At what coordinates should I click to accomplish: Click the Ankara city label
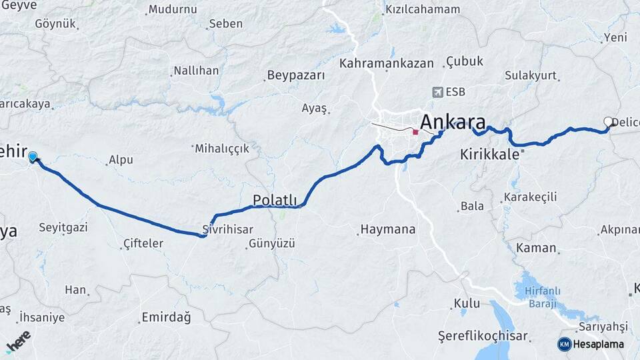point(453,123)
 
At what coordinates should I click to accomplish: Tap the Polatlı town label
point(275,200)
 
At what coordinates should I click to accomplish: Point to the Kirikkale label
point(489,154)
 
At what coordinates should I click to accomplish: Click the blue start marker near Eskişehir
point(33,157)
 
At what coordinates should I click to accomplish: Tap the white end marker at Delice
point(608,122)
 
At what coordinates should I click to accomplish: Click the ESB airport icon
point(437,92)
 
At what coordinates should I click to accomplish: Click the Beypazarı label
point(296,75)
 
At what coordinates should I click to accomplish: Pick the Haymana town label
point(388,229)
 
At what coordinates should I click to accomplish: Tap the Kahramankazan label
point(387,63)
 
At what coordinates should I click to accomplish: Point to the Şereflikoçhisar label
point(483,335)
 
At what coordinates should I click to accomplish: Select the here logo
point(17,341)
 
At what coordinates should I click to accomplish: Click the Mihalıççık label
point(222,148)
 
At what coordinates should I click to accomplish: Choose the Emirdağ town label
point(166,317)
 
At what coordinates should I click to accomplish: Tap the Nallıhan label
point(196,71)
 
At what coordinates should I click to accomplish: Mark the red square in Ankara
point(415,132)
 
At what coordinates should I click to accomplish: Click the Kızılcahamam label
point(423,9)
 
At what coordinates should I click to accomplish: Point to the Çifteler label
point(143,243)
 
